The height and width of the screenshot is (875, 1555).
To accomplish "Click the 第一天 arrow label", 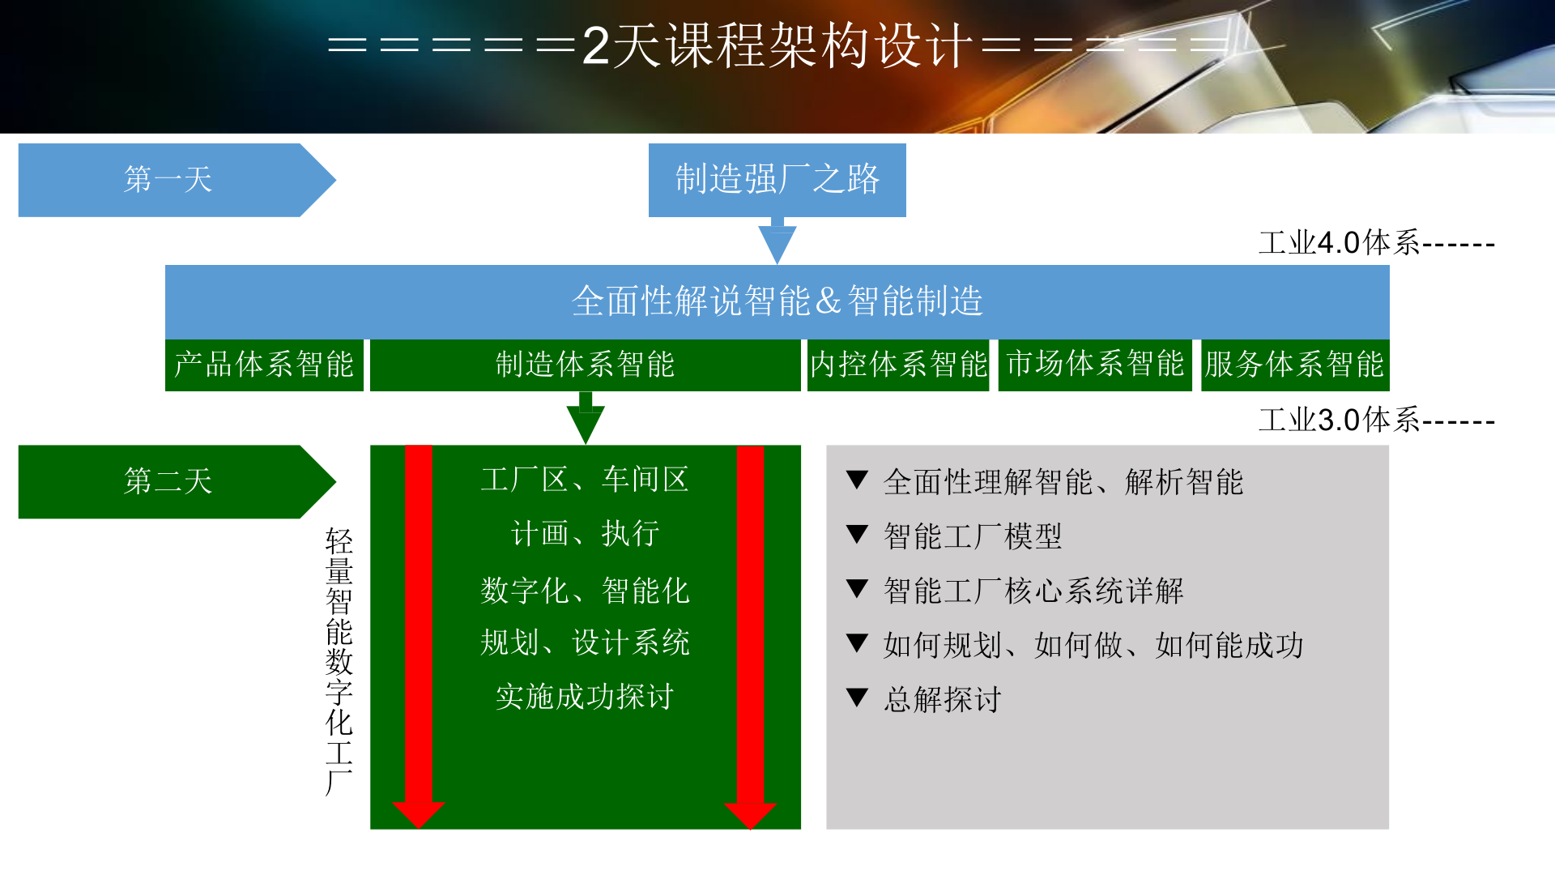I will tap(168, 180).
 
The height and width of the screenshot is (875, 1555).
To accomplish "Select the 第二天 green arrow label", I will tap(168, 481).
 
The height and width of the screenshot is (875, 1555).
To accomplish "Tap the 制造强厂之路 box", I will tap(777, 180).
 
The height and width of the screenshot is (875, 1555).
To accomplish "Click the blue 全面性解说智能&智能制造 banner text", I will tap(777, 301).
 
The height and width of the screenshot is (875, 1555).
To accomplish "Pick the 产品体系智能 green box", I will tap(264, 365).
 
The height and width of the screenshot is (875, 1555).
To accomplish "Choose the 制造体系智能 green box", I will tap(585, 365).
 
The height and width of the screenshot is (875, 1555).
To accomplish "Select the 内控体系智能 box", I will tap(898, 365).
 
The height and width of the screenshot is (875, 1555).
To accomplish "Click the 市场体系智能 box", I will tap(1095, 365).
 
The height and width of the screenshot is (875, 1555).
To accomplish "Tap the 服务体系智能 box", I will tap(1294, 365).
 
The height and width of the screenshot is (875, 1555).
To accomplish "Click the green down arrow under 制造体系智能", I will tap(586, 420).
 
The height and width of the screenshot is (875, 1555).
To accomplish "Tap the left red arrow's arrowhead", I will tap(418, 813).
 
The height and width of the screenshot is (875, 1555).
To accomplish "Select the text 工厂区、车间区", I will tap(585, 480).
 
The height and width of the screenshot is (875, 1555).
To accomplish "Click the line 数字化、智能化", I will tap(585, 591).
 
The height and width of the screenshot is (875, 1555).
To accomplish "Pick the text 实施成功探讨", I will tap(585, 697).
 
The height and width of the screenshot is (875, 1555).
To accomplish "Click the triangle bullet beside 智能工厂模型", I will tap(857, 535).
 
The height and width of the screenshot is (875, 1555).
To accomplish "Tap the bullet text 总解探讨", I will tap(943, 699).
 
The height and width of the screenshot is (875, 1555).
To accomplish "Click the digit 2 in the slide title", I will tap(595, 45).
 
